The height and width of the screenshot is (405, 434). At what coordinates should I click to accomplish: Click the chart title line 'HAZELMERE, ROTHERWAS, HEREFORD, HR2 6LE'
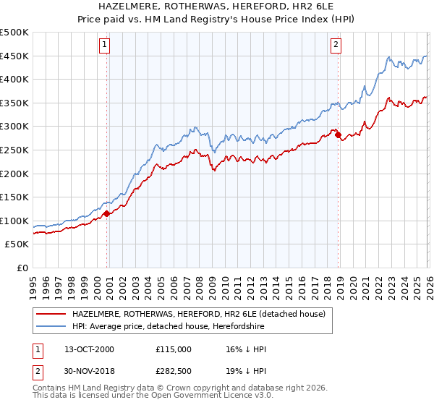click(x=217, y=7)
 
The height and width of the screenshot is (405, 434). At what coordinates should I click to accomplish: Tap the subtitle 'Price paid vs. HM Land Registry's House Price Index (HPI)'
click(x=217, y=20)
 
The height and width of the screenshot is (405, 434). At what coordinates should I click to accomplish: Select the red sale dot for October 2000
click(x=107, y=213)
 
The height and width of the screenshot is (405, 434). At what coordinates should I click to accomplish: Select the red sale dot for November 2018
click(x=339, y=135)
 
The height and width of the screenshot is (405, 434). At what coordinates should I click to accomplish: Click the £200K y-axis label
click(x=14, y=174)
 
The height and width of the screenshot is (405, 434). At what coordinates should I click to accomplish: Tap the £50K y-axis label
click(x=17, y=244)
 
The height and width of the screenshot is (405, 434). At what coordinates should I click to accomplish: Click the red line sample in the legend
click(x=51, y=314)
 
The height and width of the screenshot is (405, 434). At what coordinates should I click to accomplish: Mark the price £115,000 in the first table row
click(x=173, y=349)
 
